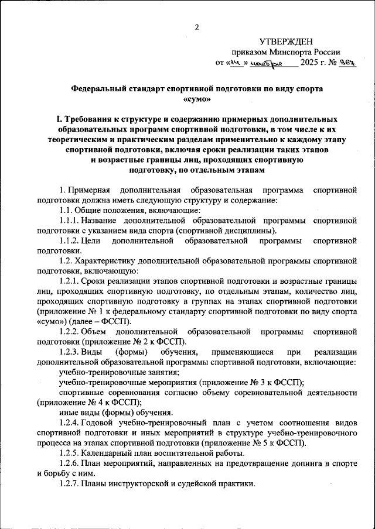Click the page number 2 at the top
[197, 27]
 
